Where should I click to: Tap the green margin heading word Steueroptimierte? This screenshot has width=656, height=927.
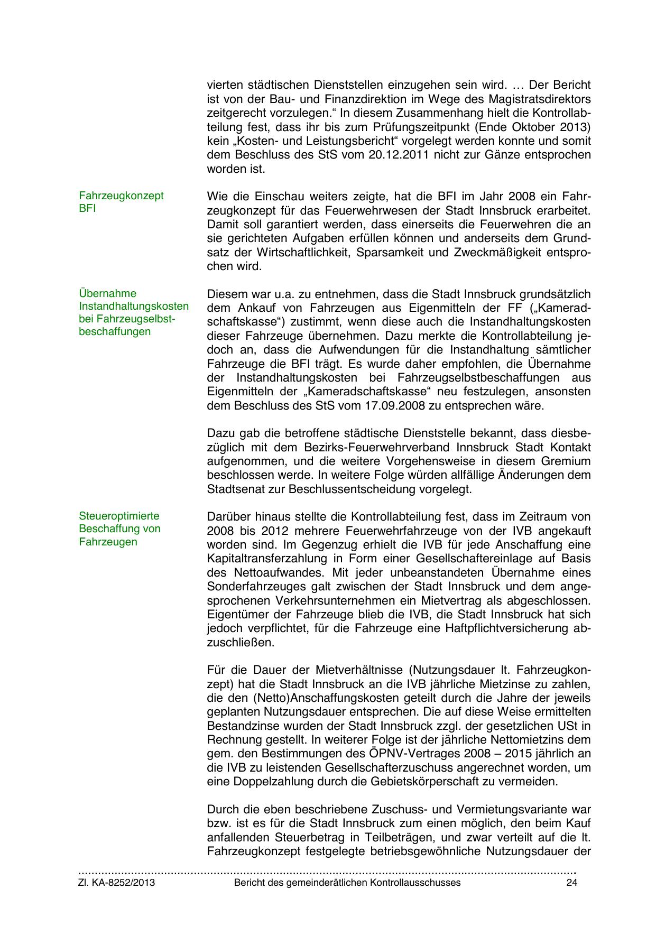point(119,516)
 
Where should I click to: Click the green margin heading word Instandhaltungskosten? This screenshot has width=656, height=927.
point(134,306)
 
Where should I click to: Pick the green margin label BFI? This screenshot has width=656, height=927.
point(87,208)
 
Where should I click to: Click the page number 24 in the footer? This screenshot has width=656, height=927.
point(571,883)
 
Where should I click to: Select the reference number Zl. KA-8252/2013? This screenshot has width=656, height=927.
point(117,883)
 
